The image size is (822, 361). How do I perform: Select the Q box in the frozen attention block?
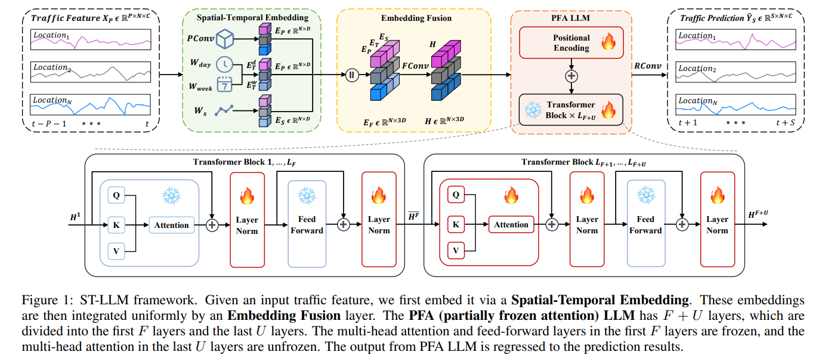click(117, 195)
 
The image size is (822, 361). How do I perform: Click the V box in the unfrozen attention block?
click(456, 251)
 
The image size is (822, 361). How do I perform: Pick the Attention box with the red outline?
click(511, 224)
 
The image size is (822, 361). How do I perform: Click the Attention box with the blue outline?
click(171, 225)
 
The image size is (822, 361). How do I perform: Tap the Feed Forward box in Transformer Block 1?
click(307, 224)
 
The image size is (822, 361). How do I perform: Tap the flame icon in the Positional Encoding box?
click(609, 42)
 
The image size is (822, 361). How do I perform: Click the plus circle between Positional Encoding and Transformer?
click(571, 76)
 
